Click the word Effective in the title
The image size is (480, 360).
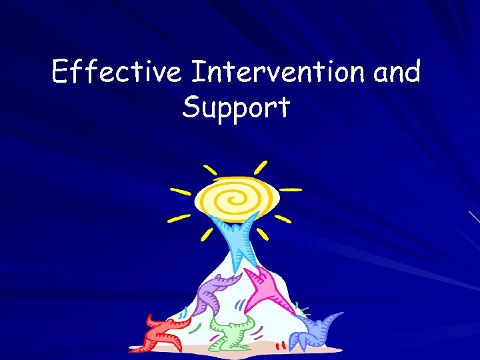pos(116,72)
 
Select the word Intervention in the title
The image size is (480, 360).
pos(278,72)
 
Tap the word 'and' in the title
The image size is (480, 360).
pos(397,72)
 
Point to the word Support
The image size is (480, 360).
pos(236,108)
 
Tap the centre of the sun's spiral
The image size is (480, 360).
pos(235,197)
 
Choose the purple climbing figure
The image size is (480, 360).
pos(215,293)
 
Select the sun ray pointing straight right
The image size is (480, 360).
pos(291,189)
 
